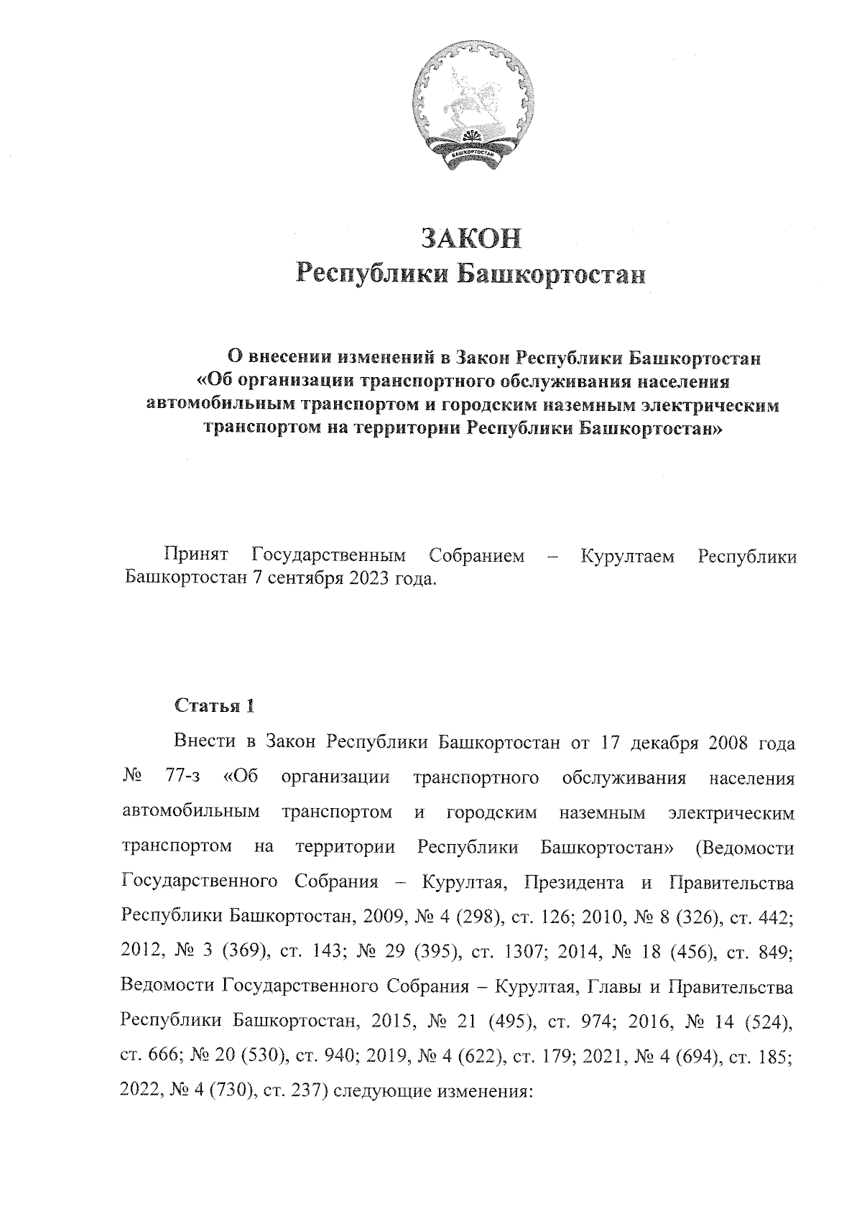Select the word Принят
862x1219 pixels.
(196, 555)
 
